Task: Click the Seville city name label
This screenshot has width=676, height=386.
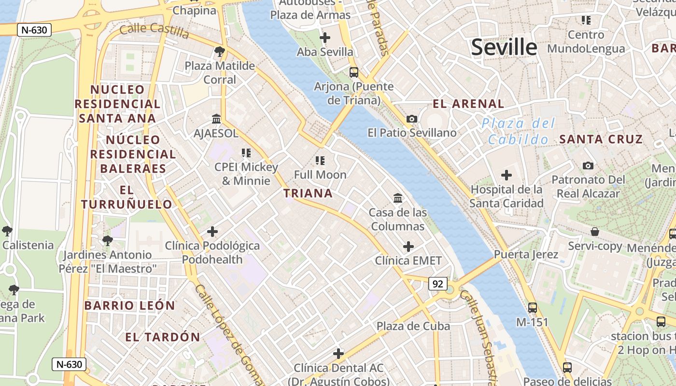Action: pyautogui.click(x=504, y=47)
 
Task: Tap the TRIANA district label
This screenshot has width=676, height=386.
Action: pyautogui.click(x=308, y=193)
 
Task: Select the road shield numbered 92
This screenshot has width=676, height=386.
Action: pyautogui.click(x=437, y=284)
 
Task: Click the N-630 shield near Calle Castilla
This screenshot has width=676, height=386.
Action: pyautogui.click(x=34, y=30)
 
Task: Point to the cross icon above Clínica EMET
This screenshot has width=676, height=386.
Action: pyautogui.click(x=408, y=247)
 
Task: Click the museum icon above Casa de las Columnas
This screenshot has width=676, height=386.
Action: pyautogui.click(x=398, y=198)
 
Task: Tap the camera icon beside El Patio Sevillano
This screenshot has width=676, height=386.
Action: pyautogui.click(x=412, y=119)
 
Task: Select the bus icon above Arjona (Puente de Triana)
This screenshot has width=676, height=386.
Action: pyautogui.click(x=354, y=72)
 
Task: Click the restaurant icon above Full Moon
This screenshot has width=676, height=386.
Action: pyautogui.click(x=320, y=160)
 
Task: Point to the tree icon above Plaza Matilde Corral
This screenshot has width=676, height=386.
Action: pyautogui.click(x=220, y=51)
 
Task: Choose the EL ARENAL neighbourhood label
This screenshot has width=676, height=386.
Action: pyautogui.click(x=468, y=104)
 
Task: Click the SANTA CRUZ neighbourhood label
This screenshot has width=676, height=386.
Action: pyautogui.click(x=601, y=139)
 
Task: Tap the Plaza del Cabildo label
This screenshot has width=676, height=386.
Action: pyautogui.click(x=519, y=132)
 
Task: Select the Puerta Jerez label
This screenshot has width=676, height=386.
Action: pyautogui.click(x=526, y=254)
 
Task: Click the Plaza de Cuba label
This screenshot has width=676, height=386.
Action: pyautogui.click(x=413, y=326)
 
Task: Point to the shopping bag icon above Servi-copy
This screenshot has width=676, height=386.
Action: pyautogui.click(x=595, y=232)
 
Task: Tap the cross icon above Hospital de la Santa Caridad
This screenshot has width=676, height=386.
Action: pyautogui.click(x=507, y=175)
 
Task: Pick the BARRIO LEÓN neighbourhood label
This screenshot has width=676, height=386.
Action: pyautogui.click(x=129, y=305)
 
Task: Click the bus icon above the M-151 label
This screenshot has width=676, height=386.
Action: pyautogui.click(x=533, y=307)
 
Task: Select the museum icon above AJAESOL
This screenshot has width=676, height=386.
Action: pyautogui.click(x=216, y=119)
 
